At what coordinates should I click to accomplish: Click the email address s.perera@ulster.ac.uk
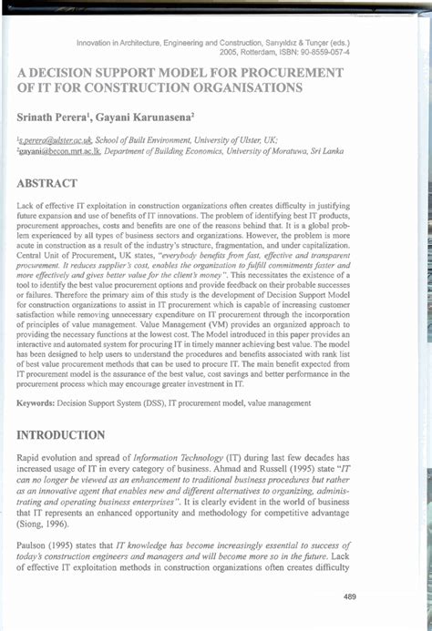coord(54,144)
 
